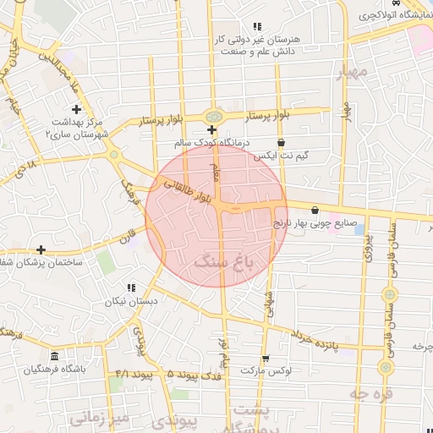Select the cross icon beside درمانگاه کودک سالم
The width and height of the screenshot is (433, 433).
[x=211, y=129]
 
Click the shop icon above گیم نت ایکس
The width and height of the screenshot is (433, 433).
[x=281, y=142]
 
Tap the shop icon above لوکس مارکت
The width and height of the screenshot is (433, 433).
[x=265, y=358]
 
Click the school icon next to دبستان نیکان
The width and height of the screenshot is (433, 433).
[x=129, y=288]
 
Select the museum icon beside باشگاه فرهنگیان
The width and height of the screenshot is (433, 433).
[x=55, y=356]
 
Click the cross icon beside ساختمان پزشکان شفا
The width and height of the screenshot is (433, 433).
[x=41, y=249]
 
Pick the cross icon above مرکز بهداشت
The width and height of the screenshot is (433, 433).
[x=77, y=109]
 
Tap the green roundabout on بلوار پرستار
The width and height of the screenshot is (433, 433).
[x=214, y=116]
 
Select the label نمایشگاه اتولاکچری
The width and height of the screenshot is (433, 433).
[x=391, y=15]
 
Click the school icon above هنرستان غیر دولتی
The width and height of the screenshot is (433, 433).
[x=257, y=27]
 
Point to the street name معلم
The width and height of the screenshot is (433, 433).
[x=216, y=173]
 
